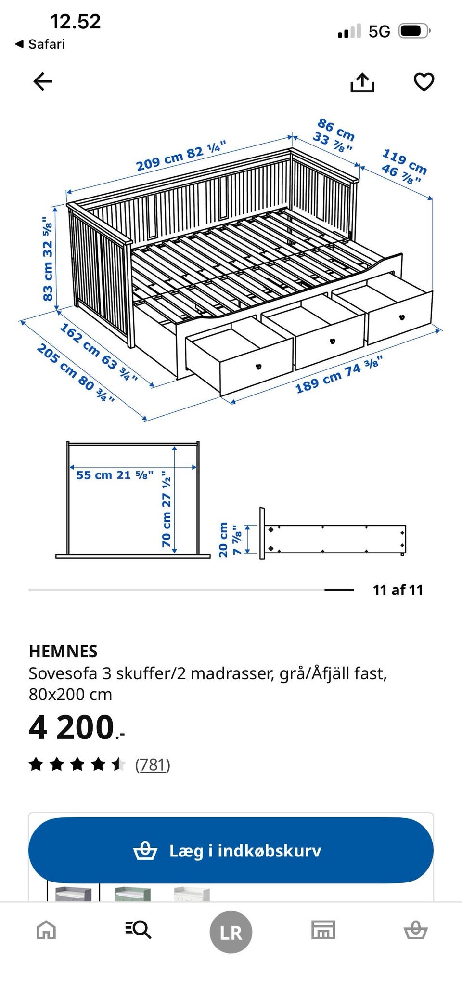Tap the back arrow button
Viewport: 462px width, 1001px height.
point(42,81)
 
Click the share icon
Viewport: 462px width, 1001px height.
point(362,82)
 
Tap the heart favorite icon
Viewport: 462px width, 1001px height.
point(424,81)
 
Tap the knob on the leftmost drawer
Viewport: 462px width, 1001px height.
point(258,367)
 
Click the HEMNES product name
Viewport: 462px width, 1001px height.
point(63,651)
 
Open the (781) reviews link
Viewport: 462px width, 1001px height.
point(153,764)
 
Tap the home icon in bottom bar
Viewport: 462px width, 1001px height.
point(46,930)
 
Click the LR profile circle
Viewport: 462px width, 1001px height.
point(231,932)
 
